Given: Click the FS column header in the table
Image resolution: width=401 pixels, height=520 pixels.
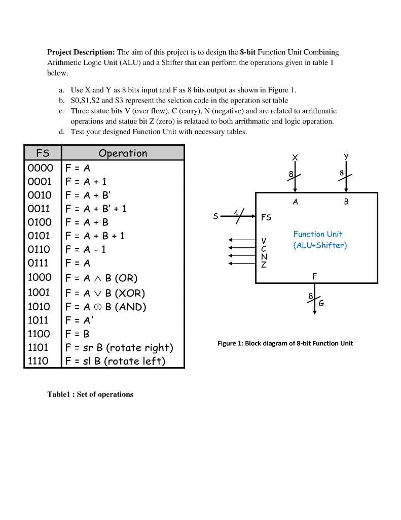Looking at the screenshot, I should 43,153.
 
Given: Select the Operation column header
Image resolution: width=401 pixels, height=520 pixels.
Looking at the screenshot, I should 123,153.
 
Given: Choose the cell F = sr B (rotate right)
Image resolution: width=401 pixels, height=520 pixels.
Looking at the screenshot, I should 119,348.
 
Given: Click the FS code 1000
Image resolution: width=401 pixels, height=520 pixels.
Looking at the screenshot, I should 39,277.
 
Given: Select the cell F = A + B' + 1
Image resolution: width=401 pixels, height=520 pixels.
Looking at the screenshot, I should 96,208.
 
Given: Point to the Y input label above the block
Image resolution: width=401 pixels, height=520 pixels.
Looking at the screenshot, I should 346,157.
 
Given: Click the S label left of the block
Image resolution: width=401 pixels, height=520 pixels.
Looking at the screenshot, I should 216,216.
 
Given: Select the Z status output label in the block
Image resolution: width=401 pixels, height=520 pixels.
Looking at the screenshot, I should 263,265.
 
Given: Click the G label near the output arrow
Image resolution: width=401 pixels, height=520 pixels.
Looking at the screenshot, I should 321,303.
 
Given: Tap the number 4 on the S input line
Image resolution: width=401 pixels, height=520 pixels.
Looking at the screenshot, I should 234,211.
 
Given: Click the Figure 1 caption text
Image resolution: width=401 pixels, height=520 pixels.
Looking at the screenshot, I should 285,343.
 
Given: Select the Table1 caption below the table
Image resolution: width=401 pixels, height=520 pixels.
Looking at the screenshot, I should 90,394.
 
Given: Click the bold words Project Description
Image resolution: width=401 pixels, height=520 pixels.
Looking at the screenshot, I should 81,52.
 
